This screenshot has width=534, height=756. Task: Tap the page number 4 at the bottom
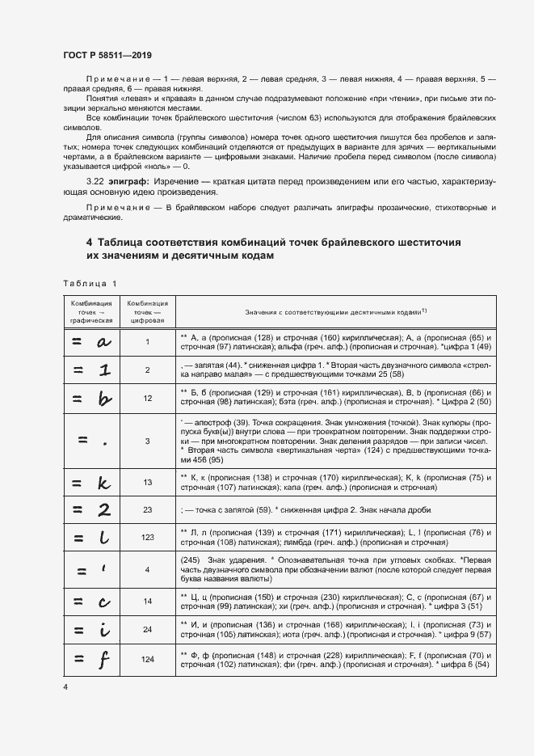65,686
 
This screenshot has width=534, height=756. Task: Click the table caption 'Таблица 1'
89,283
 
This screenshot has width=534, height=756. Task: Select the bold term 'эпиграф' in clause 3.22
112,184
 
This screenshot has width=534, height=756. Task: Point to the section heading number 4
89,242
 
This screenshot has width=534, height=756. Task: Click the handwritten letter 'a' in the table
103,342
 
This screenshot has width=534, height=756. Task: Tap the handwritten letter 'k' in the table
103,483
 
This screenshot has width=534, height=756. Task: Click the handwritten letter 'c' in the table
103,601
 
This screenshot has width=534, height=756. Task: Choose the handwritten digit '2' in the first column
103,510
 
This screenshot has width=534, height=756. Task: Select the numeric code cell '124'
147,660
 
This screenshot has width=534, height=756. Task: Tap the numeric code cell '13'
147,483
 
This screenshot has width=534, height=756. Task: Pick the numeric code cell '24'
147,629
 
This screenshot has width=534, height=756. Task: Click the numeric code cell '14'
147,602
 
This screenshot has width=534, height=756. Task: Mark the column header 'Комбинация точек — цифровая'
147,310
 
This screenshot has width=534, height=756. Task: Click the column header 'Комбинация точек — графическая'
87,310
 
